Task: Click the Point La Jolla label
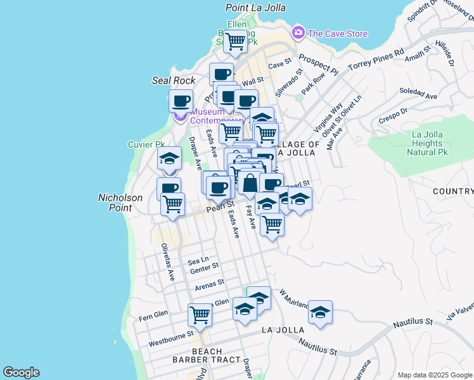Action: coord(255,8)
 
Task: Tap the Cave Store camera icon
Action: coord(298,32)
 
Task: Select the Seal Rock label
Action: coord(174,80)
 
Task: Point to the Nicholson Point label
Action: coord(119,203)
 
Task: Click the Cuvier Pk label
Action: coord(146,144)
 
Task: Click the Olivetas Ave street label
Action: coord(167,262)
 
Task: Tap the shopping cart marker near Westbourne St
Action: coord(200,314)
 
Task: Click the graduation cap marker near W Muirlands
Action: coord(320,312)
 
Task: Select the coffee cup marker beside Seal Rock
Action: coord(181,101)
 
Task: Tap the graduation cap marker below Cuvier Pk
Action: coord(169,158)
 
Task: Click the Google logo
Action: coord(21,372)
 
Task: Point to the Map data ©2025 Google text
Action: coord(435,375)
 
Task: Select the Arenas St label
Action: coord(210,284)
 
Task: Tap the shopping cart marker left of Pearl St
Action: coord(172,205)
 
